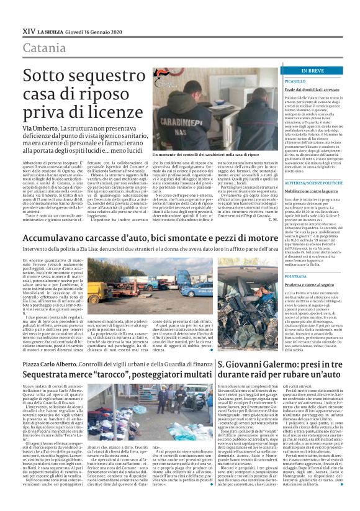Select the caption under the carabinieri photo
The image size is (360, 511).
pos(197,155)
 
